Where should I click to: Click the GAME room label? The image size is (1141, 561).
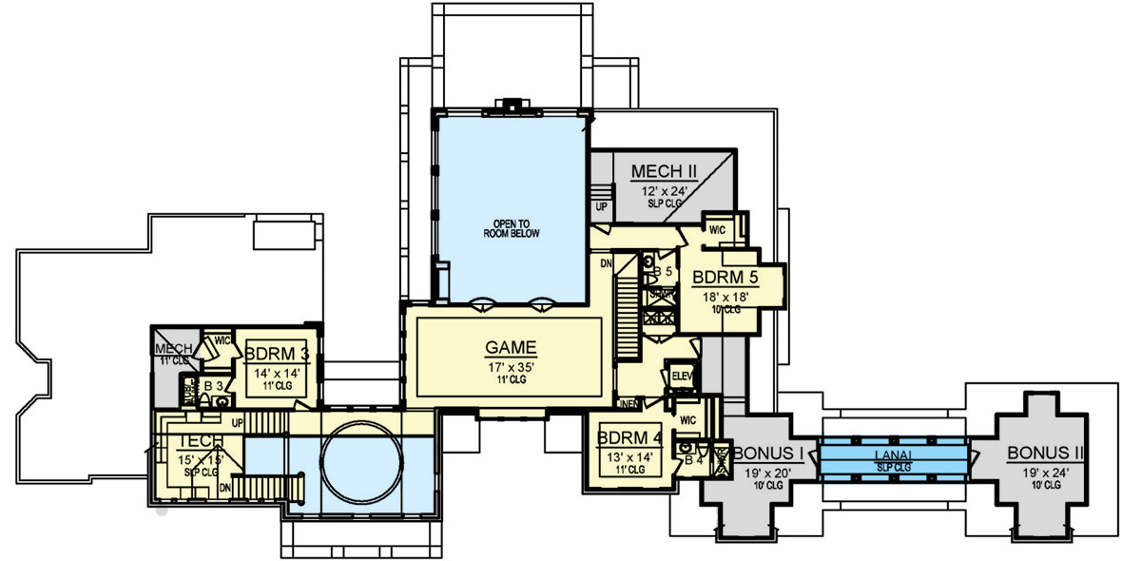tap(510, 347)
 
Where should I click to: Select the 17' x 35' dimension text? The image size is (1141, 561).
tap(510, 366)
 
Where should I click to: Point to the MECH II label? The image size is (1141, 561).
tap(665, 172)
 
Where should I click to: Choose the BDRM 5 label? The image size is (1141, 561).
tap(726, 278)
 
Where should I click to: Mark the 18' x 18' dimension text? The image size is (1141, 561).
tap(726, 297)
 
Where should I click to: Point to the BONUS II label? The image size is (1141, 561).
tap(1043, 453)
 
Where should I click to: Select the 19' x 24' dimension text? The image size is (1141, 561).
tap(1043, 472)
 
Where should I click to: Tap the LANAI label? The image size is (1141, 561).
tap(893, 456)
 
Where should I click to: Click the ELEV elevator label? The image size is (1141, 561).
tap(683, 376)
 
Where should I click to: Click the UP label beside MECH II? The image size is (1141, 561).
tap(600, 205)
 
